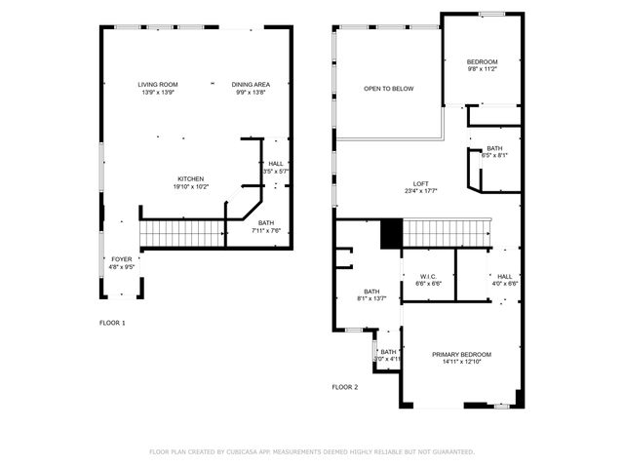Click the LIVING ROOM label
coord(157,85)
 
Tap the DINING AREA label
coord(251,85)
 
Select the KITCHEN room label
coord(190,178)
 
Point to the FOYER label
coord(120,258)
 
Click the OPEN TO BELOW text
coord(389,89)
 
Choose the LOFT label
coord(420,183)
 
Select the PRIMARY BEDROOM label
coord(462,354)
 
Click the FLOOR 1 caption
coord(112,323)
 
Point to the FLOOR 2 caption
coord(345,387)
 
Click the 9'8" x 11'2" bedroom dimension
coord(482,69)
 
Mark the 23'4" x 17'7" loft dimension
coord(420,191)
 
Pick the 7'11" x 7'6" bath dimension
coord(266,230)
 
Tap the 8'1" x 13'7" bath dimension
coord(371,298)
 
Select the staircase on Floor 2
coord(445,233)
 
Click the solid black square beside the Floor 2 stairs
coord(391,233)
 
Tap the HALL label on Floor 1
coord(276,164)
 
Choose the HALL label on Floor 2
coord(504,276)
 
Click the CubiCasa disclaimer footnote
coord(311,451)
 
